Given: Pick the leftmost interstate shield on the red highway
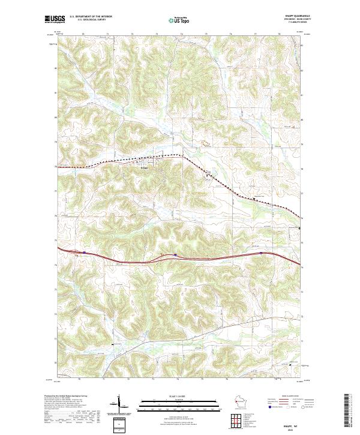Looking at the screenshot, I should coord(85,253).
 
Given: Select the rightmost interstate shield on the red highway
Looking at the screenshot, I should coord(262,253).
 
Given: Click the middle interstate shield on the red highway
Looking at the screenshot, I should coord(175,254).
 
